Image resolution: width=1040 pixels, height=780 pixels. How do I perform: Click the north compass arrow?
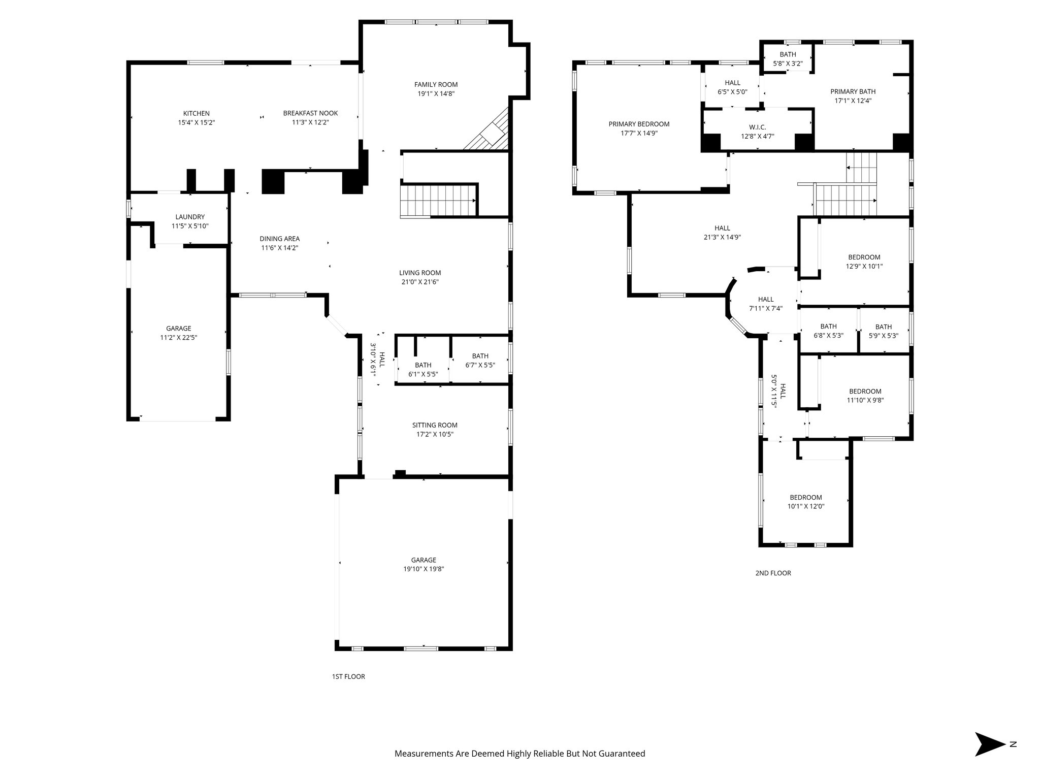click(989, 744)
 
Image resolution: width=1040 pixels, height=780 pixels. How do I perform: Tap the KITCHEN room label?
click(196, 113)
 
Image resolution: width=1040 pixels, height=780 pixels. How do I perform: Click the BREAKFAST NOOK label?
click(310, 113)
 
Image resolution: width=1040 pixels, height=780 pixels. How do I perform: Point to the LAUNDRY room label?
click(190, 217)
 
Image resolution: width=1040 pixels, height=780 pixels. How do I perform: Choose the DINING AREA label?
click(279, 239)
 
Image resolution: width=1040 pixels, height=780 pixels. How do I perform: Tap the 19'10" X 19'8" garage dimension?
click(424, 569)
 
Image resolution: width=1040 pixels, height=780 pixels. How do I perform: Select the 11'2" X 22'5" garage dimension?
click(178, 337)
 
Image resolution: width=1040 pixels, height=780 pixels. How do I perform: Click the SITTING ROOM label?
click(435, 425)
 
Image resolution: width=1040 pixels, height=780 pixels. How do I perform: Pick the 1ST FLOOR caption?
click(348, 676)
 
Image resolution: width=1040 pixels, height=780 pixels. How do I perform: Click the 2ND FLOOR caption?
click(773, 573)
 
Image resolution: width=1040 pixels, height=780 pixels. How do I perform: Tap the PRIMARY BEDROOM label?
click(639, 124)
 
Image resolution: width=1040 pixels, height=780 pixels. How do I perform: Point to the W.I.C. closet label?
click(757, 127)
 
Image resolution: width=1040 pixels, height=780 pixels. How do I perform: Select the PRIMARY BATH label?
click(853, 91)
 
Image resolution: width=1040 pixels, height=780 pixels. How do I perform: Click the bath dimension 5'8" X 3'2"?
click(788, 64)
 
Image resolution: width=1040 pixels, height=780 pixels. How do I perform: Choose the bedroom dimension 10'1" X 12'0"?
click(805, 506)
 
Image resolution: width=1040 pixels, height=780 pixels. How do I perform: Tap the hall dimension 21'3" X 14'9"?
click(722, 237)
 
